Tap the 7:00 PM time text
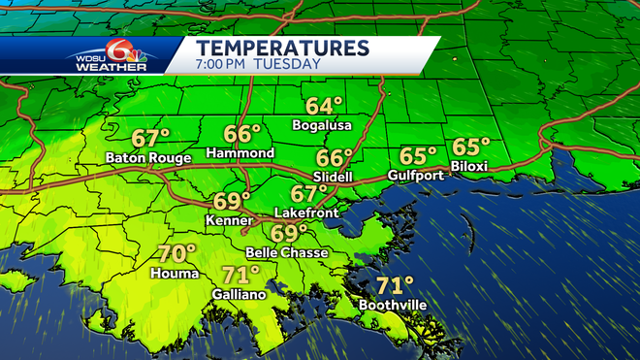(x=224, y=64)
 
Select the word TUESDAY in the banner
(x=287, y=64)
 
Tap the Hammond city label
(x=240, y=153)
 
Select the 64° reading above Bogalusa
(x=324, y=107)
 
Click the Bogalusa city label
(x=322, y=125)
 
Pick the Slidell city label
(x=334, y=176)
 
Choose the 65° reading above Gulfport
(x=419, y=156)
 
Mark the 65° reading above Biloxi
(x=471, y=147)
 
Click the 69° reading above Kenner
(x=233, y=202)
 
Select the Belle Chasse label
(x=286, y=252)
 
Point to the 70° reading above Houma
(x=176, y=254)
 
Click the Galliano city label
(x=239, y=294)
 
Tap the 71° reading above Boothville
(x=395, y=285)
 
